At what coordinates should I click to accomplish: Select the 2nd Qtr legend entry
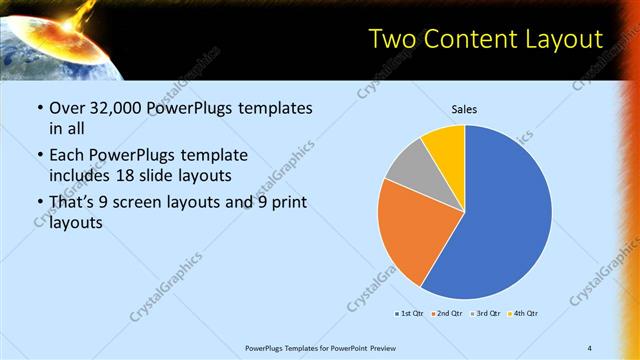(x=446, y=314)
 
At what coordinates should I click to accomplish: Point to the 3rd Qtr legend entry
(x=484, y=314)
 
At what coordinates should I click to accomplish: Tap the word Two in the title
(x=392, y=39)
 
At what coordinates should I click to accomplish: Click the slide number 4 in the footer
(x=590, y=348)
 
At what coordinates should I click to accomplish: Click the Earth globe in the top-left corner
(x=40, y=50)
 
